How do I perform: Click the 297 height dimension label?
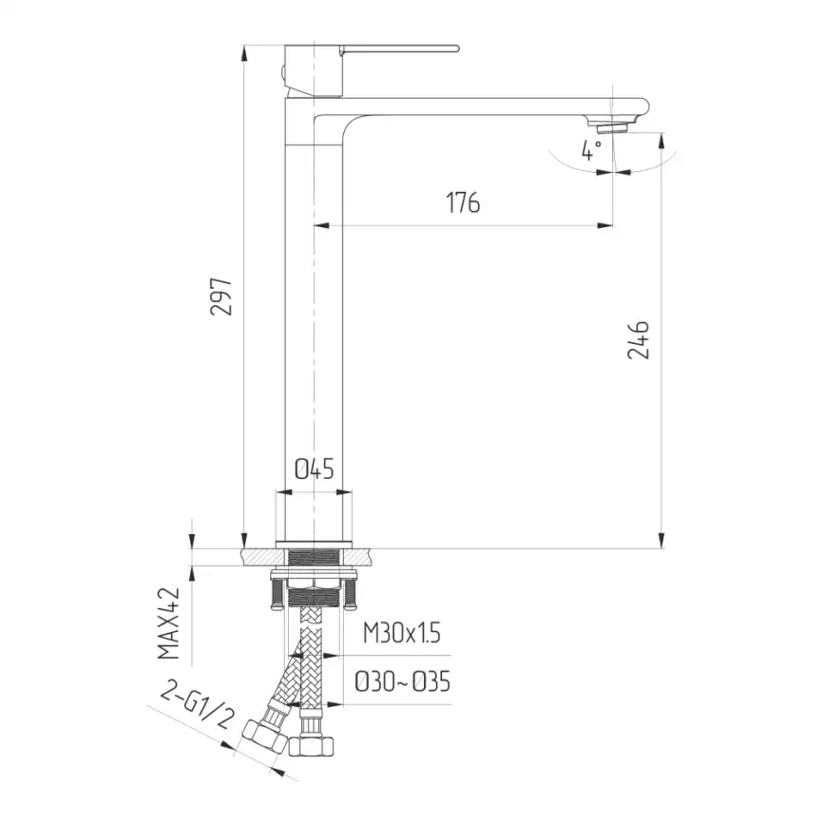pos(221,297)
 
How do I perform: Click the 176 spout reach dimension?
pos(463,203)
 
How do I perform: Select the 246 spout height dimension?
pos(639,339)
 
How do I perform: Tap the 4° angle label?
pos(592,150)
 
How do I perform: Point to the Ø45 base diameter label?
pos(313,469)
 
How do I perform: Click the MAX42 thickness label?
pos(169,622)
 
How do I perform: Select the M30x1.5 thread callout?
pos(402,634)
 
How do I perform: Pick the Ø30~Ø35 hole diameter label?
pos(402,681)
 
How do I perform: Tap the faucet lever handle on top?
pos(399,48)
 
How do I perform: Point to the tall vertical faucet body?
pos(313,333)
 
